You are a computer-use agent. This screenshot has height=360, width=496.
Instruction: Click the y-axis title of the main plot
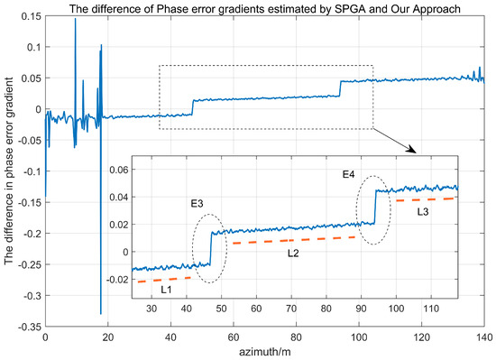coord(10,171)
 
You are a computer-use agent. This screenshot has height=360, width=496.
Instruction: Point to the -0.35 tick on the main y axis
coord(25,327)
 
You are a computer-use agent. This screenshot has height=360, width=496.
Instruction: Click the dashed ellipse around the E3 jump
coord(210,249)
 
